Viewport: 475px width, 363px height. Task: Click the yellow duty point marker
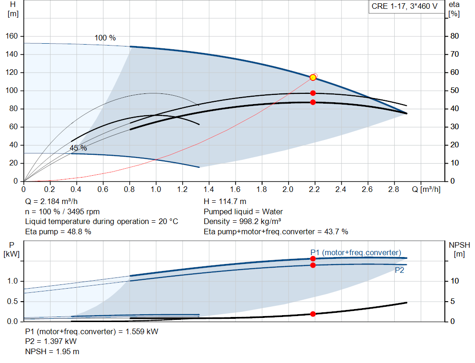pos(313,78)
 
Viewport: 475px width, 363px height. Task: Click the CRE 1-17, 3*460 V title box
pos(404,7)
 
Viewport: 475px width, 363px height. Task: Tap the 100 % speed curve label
pos(105,38)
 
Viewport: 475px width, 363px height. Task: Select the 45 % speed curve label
pos(78,148)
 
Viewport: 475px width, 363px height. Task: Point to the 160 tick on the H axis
pos(12,36)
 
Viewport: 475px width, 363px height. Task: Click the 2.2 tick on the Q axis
pos(315,190)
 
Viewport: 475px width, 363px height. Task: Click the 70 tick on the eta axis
pos(455,54)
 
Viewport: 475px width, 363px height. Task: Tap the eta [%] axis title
pos(454,9)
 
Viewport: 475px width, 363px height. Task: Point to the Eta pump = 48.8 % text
pos(58,231)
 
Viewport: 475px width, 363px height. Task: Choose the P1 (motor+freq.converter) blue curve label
pos(356,252)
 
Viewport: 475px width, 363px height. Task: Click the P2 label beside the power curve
pos(399,270)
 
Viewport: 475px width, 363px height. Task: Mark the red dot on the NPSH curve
pos(313,314)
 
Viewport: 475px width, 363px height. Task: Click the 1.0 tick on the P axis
pos(13,281)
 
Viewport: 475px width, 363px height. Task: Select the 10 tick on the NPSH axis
pos(455,281)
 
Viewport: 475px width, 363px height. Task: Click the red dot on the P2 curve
pos(313,265)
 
